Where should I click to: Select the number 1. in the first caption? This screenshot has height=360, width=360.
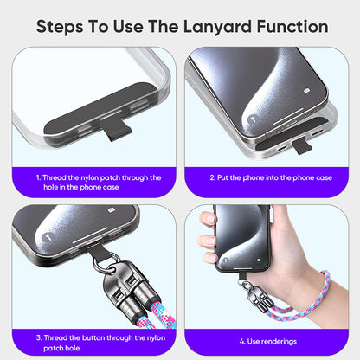[39, 177]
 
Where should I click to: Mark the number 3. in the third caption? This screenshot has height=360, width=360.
[39, 337]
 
